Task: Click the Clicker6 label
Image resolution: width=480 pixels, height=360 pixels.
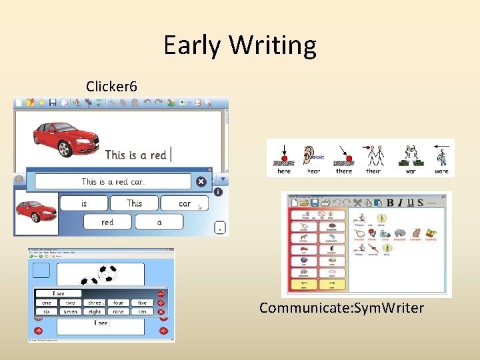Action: point(111,87)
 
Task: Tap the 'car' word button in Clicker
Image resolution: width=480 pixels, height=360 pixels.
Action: point(185,203)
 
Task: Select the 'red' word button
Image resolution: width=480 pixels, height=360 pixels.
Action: point(107,222)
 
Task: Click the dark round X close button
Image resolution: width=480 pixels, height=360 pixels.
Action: point(201,181)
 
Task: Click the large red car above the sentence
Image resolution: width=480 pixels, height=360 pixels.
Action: point(66,137)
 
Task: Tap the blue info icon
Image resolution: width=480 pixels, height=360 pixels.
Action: point(218,192)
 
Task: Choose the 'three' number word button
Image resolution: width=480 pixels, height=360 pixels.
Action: point(95,303)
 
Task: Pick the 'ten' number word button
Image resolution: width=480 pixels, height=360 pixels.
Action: point(142,311)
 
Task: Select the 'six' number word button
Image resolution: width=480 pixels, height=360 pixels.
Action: point(46,311)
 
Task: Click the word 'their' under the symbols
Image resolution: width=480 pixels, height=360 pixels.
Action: point(373,171)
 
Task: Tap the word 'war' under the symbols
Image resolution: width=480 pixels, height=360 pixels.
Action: point(411,171)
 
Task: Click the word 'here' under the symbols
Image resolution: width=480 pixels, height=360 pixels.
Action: point(284,171)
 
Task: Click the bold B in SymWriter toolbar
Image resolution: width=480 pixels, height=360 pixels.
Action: point(391,202)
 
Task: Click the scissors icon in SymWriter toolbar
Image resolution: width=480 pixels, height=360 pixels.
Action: point(357,202)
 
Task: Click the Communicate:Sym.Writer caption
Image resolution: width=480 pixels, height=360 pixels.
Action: point(341,308)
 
